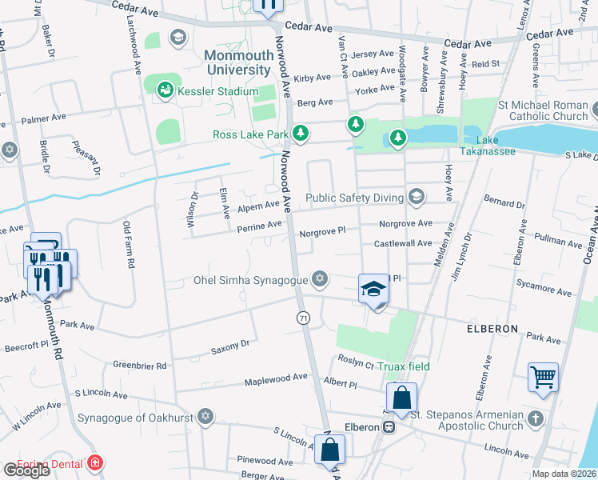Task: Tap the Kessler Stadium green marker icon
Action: (x=165, y=90)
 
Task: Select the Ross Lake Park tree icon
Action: (x=300, y=134)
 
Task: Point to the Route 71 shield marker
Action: (x=303, y=318)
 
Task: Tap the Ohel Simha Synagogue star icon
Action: (x=320, y=279)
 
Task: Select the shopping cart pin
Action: (x=543, y=376)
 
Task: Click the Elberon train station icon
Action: (x=389, y=427)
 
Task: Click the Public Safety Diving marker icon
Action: (x=416, y=197)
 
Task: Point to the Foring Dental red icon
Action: (x=95, y=462)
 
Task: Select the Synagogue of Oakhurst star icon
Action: (x=205, y=417)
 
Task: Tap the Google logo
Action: (x=26, y=470)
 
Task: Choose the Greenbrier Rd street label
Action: (x=139, y=366)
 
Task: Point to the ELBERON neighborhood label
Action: (x=488, y=329)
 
